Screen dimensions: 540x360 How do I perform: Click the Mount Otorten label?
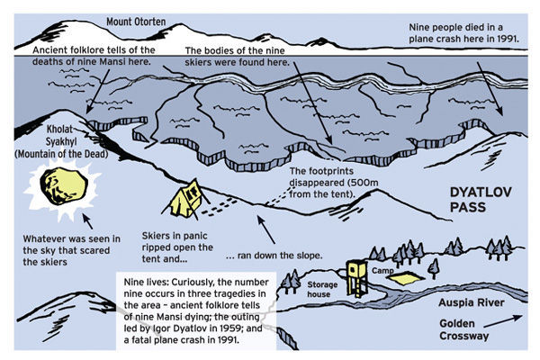136,22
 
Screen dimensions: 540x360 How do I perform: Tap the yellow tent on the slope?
186,199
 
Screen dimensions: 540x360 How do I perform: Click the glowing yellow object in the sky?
63,186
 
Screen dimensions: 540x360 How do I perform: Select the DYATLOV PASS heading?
481,200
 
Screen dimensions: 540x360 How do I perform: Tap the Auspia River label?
471,302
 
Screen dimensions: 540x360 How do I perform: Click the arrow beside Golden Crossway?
503,320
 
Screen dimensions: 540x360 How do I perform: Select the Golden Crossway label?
463,329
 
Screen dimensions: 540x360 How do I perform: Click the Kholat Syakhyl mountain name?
61,141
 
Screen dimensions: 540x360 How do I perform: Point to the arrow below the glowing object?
87,221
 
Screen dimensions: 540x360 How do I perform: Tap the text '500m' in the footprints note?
366,183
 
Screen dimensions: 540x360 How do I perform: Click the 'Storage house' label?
322,290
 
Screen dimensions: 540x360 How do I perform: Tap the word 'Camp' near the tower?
382,271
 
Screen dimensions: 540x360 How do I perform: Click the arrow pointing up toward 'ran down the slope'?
266,229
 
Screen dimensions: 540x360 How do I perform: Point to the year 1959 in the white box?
232,328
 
